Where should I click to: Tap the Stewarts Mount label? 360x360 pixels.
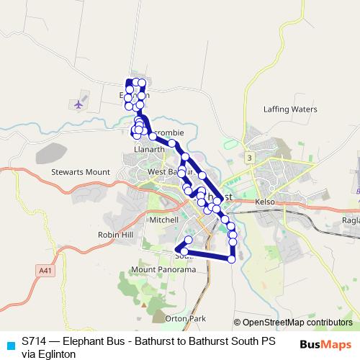point(80,173)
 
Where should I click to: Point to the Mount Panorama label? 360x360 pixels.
point(163,269)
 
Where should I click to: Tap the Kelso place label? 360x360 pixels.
point(266,202)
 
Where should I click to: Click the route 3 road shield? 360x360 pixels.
point(248,157)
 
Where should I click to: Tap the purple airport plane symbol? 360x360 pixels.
point(78,104)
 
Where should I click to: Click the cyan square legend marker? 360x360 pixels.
point(9,344)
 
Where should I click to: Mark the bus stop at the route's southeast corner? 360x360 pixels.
point(232,258)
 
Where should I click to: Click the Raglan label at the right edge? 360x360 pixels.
point(351,220)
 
